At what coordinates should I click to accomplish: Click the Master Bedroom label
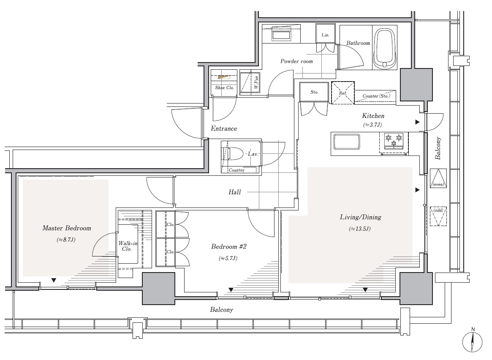coord(67,228)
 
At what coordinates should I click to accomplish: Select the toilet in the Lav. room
coord(234,154)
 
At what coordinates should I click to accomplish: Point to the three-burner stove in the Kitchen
coord(394,142)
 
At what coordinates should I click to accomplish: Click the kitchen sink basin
coord(346,142)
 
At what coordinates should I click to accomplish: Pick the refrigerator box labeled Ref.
coord(343,93)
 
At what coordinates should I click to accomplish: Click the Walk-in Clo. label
coord(128,246)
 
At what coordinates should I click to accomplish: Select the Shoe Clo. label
coord(224,87)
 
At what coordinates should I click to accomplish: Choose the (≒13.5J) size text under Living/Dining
coord(359,229)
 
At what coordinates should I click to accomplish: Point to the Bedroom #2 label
coord(229,246)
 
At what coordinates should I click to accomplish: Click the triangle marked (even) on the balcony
coord(438,178)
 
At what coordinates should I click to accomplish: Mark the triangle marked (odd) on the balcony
coord(438,216)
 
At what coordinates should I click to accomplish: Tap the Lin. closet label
coord(325,35)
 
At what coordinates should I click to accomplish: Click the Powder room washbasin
coord(281,35)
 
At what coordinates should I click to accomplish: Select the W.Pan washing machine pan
coord(250,82)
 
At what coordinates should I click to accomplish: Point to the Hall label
coord(235,192)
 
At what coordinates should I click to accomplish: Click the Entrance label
coord(224,128)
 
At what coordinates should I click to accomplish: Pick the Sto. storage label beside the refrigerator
coord(314,92)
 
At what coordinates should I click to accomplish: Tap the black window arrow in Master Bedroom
coord(54,280)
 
